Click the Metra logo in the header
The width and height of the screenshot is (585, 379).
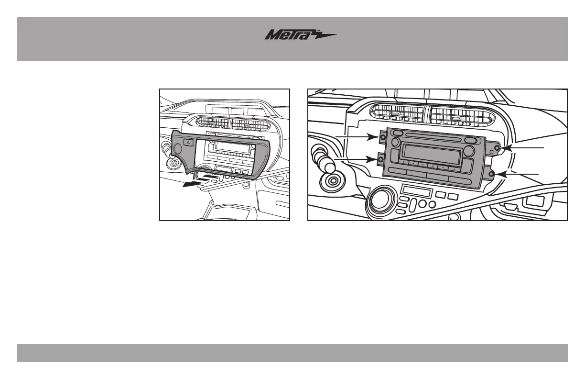click(301, 35)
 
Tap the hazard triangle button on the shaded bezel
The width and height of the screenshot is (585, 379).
click(188, 142)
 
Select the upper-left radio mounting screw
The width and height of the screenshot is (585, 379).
click(384, 137)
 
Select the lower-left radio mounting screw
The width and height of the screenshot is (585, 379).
click(380, 159)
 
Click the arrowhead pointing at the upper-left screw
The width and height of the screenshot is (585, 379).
click(370, 137)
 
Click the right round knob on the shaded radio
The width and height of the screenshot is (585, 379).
click(469, 150)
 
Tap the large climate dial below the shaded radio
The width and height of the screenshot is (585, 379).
click(380, 200)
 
